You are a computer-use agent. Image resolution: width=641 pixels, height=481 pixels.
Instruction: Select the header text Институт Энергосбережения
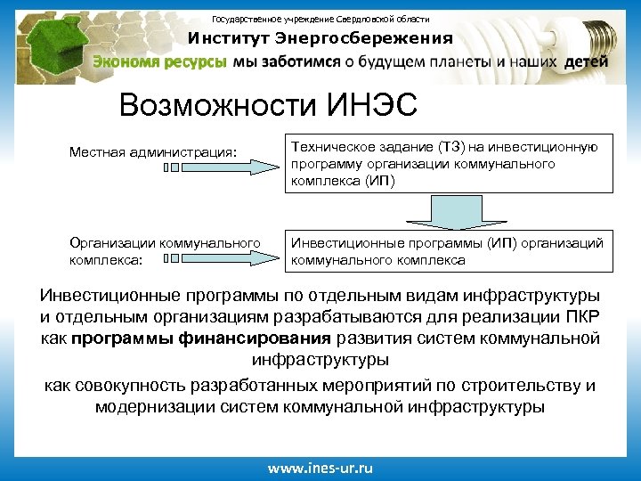[320, 38]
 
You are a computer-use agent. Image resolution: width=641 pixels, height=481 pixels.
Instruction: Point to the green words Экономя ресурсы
[160, 62]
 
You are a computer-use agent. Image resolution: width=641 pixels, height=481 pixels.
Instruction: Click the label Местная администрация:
[153, 151]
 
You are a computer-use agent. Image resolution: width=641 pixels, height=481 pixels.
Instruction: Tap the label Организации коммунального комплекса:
[165, 250]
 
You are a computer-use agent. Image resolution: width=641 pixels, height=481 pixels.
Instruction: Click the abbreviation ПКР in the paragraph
[576, 317]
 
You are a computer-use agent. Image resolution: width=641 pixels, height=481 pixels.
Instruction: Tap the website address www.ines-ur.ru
[320, 468]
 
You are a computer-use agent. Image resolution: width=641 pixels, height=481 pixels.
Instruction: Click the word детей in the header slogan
[587, 62]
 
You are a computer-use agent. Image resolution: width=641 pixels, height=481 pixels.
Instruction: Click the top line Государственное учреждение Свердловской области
[320, 19]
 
